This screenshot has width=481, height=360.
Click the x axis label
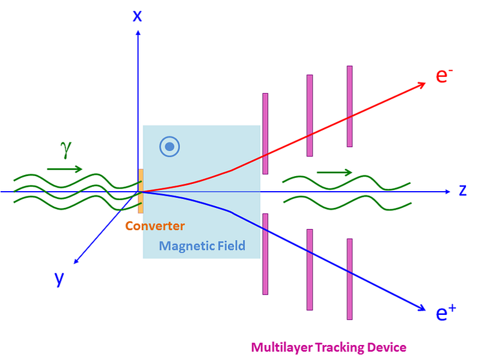point(138,15)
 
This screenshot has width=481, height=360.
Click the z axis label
point(462,191)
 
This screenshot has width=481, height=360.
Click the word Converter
point(155,226)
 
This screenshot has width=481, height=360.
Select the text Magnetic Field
point(202,245)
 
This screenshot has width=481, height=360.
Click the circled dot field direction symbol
point(170,146)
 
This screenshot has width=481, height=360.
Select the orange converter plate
point(141,191)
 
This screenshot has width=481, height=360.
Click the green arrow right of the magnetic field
point(334,172)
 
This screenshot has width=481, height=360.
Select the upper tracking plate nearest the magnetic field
point(265,133)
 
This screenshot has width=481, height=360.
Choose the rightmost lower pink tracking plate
point(349,279)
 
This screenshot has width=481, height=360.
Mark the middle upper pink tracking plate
point(310,115)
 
